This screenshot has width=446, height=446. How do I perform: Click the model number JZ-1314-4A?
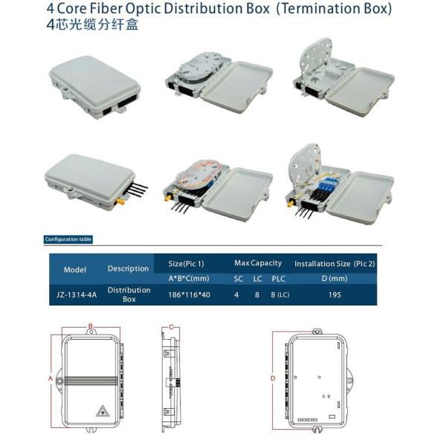coord(77,294)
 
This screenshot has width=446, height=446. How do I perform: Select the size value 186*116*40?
coord(189,294)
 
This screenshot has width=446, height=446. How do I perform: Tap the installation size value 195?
coord(334,294)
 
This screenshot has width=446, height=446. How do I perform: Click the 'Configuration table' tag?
coord(68,239)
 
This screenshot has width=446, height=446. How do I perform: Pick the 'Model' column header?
coord(75,270)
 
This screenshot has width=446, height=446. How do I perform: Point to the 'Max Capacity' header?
coord(258,263)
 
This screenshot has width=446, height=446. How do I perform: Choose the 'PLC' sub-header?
coord(278,279)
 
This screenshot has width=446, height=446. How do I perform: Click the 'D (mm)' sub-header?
coord(334,279)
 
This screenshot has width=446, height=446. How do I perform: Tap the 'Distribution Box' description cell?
coord(129,294)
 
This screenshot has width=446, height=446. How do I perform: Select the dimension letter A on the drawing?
coord(51,378)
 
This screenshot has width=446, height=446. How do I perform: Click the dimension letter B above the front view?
coord(91,326)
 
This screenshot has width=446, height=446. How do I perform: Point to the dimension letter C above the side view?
coord(171,327)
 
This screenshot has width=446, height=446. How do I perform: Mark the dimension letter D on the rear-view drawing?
coord(273,378)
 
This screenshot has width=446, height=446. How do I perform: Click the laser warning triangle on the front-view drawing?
coord(103,411)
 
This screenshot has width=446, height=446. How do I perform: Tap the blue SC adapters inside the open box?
coord(331,185)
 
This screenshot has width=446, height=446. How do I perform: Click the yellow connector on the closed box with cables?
coord(120,201)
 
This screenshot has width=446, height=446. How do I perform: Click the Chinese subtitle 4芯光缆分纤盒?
coord(92,25)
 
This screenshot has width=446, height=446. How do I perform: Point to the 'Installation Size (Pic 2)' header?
coord(334,264)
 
